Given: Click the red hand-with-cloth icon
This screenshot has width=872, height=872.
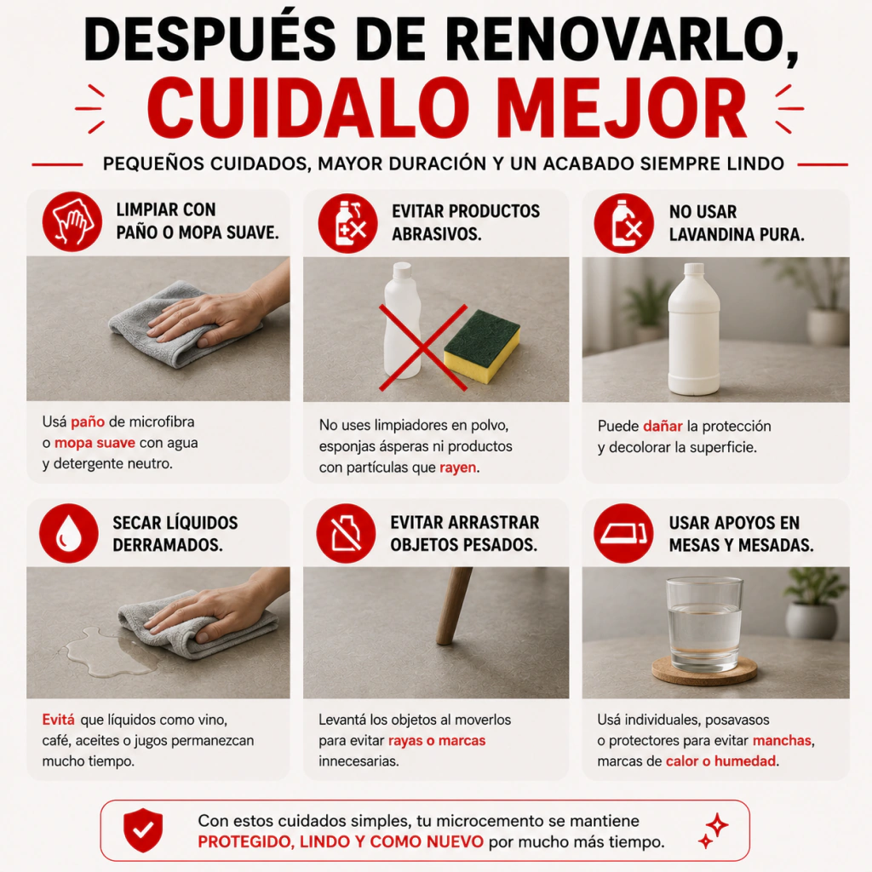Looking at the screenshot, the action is coord(72,221).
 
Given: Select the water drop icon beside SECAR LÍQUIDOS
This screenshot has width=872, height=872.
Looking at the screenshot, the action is coord(69,533).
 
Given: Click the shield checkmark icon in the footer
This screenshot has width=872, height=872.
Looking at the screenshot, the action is coord(143,829).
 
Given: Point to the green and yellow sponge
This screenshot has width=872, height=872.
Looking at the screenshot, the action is coord(482,346).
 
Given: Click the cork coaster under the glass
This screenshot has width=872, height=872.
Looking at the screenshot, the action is coord(704,670).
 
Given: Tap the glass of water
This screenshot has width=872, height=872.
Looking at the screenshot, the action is coord(704,623).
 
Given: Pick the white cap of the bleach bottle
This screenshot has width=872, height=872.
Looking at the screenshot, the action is coord(693,269).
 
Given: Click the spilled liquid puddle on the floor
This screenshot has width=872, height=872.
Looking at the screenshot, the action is coord(112,651).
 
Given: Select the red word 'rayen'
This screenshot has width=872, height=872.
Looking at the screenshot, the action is coord(457,468).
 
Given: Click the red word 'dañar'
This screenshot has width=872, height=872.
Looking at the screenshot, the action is coord(663,426).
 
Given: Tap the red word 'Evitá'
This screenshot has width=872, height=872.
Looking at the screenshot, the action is coord(59,720).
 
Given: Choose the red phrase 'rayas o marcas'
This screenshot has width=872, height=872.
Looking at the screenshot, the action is coord(437,741).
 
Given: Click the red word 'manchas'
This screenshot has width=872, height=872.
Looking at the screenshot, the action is coord(782,741).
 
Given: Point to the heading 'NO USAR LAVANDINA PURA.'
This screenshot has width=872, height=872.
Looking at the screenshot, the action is coord(737,223).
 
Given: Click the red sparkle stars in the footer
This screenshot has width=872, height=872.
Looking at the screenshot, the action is coord(714,831).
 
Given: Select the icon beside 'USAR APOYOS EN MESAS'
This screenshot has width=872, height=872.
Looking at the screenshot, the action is coord(622,533).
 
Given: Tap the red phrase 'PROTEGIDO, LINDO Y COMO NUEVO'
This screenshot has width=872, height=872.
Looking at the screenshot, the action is coord(341,842).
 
